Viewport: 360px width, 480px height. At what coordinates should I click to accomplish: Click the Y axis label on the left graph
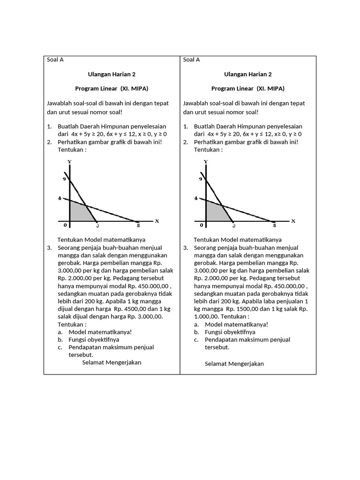coord(69,162)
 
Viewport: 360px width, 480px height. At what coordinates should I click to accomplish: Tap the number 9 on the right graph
coord(201,179)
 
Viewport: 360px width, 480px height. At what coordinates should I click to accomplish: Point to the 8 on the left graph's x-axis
coord(138,226)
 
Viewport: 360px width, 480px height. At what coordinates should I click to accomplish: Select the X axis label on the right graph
coord(293,221)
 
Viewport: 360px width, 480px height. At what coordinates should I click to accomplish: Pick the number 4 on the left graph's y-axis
coord(60,198)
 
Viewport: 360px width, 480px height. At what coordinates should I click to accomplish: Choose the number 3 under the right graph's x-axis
coord(233,226)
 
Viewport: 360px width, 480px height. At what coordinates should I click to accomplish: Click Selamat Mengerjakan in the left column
coord(112,362)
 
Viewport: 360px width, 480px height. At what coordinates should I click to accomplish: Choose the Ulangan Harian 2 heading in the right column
coord(248,74)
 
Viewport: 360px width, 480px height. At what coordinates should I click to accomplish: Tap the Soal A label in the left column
coord(55,60)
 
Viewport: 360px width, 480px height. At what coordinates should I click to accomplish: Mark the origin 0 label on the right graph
coord(201,225)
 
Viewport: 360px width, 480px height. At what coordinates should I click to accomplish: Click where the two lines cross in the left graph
coord(86,205)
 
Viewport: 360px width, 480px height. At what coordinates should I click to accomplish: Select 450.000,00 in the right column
coord(285,286)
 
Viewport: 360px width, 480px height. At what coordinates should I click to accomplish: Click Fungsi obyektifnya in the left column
coord(94,339)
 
